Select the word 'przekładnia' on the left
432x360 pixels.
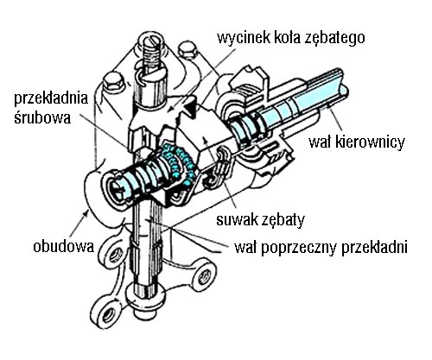pyautogui.click(x=51, y=98)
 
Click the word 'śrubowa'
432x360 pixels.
pyautogui.click(x=42, y=117)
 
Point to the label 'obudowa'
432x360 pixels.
pyautogui.click(x=64, y=247)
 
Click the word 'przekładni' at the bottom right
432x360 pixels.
pyautogui.click(x=374, y=248)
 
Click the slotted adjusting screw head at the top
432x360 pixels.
pyautogui.click(x=152, y=41)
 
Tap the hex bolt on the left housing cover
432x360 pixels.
pyautogui.click(x=113, y=82)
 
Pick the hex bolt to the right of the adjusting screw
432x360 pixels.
pyautogui.click(x=187, y=51)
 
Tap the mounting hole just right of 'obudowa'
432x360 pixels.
pyautogui.click(x=115, y=255)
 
